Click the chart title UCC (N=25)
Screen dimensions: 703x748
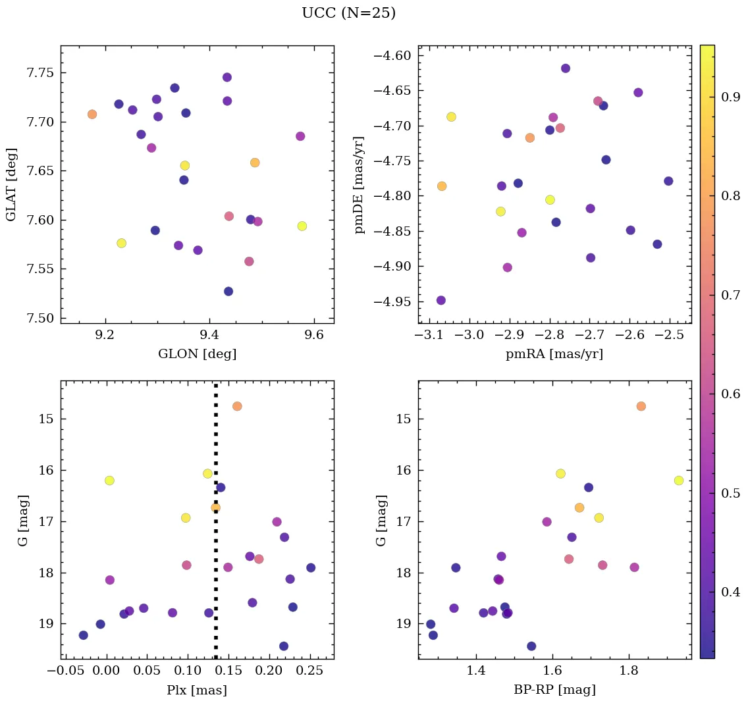tap(348, 13)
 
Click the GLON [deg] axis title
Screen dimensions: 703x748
tap(197, 354)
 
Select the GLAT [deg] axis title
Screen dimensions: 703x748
tap(11, 184)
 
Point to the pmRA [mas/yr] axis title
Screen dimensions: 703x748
tap(554, 354)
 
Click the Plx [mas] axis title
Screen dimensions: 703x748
tap(197, 690)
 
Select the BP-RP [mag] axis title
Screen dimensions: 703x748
tap(554, 690)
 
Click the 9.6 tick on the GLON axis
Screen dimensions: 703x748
tap(314, 334)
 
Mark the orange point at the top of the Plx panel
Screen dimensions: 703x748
tap(237, 406)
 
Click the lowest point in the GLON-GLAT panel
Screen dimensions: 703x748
tap(228, 291)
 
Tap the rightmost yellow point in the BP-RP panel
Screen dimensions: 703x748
tap(679, 481)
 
